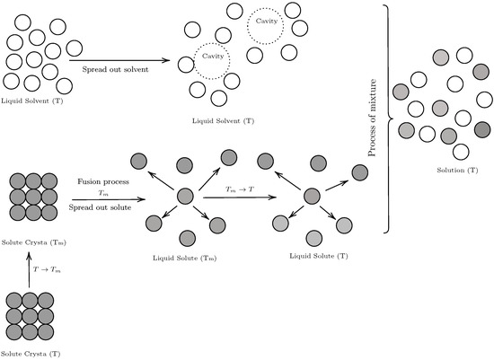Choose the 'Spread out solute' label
[106, 208]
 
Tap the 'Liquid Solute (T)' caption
[309, 256]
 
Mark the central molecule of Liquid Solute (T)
[312, 196]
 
